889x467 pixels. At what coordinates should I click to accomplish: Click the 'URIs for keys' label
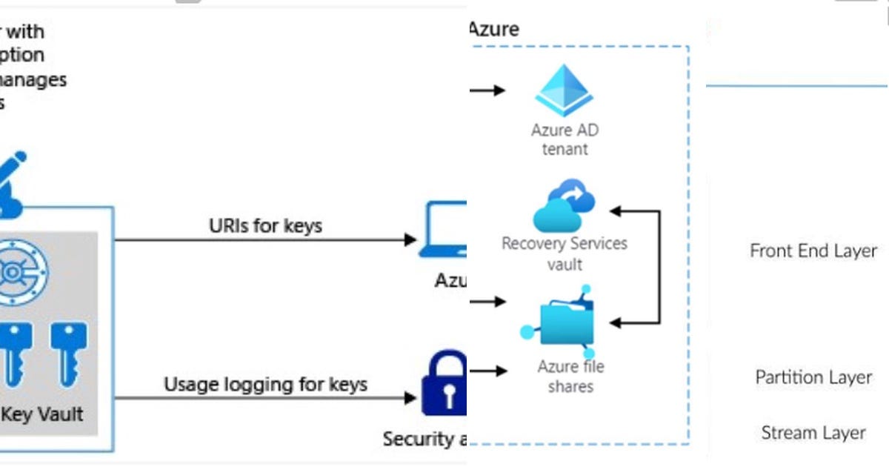pos(265,225)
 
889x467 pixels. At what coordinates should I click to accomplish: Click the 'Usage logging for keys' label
pos(265,384)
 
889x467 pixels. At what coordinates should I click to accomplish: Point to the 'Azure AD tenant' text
pos(565,139)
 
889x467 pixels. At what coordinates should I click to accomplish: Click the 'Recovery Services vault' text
pos(565,254)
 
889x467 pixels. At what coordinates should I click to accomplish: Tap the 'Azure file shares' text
pos(570,376)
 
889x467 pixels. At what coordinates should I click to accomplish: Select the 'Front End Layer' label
pos(813,251)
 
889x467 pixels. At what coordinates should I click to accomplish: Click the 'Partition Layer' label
pos(813,377)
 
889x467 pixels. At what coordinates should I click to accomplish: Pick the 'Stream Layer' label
pos(813,432)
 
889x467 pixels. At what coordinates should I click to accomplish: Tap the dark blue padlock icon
pos(444,385)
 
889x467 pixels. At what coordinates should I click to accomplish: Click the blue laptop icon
pos(444,231)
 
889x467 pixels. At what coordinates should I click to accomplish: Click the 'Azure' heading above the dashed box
pos(494,30)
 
